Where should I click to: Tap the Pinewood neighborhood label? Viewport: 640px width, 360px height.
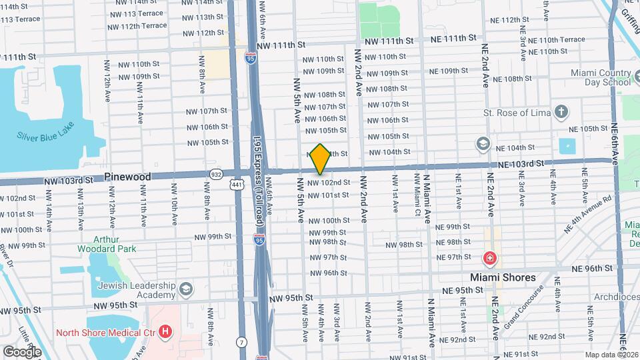tap(127, 177)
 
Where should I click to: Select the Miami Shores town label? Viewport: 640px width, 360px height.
tap(503, 277)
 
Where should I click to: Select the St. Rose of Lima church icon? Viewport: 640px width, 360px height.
tap(562, 111)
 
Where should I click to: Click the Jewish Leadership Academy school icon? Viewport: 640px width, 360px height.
tap(185, 289)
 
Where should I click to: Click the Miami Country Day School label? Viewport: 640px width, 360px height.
tap(600, 77)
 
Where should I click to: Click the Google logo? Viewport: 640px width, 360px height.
tap(22, 351)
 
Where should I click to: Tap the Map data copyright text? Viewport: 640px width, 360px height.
tap(610, 355)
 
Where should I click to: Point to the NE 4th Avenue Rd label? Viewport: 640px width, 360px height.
tap(587, 214)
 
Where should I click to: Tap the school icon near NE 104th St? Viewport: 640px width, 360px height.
tap(482, 144)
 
